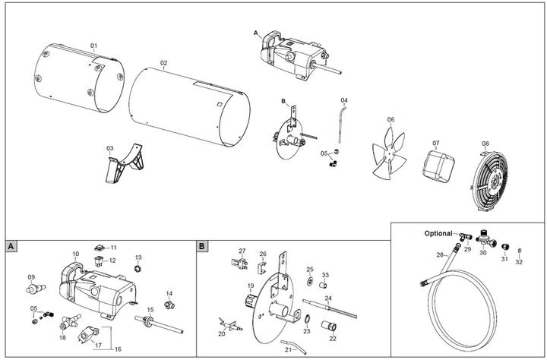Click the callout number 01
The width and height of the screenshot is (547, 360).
(94, 46)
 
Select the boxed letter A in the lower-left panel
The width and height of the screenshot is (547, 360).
(11, 247)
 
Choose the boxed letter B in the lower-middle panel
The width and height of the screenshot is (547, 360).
(201, 247)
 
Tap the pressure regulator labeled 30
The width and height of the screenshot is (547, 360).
(482, 245)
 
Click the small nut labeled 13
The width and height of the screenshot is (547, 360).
(138, 268)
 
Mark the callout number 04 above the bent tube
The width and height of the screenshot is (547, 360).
(344, 100)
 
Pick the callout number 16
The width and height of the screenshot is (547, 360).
(117, 349)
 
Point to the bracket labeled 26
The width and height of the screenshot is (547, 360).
(261, 267)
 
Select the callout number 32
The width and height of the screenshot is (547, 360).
(519, 262)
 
